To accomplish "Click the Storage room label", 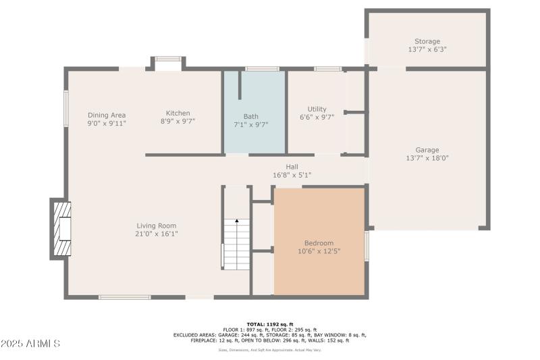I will [x=427, y=41].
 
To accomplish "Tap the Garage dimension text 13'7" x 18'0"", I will [x=427, y=158].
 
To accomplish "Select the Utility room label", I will [x=317, y=109].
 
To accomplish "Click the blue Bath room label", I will [x=250, y=116].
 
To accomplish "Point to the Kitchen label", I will [x=178, y=113].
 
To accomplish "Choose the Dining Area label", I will [x=107, y=115].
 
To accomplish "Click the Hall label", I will [x=292, y=167].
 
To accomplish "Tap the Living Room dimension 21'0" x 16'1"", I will [x=157, y=234].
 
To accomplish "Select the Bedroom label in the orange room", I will [x=319, y=243].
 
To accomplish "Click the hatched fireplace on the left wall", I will [x=61, y=229].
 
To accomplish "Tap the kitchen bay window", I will [x=167, y=59].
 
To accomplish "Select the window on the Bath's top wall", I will [x=262, y=68].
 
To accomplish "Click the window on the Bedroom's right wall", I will [x=367, y=245].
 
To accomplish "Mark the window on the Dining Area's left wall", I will [x=66, y=108].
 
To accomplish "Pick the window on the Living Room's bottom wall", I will [x=124, y=297].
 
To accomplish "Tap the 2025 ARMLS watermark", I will [x=32, y=344].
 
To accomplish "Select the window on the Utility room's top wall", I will [x=327, y=68].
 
